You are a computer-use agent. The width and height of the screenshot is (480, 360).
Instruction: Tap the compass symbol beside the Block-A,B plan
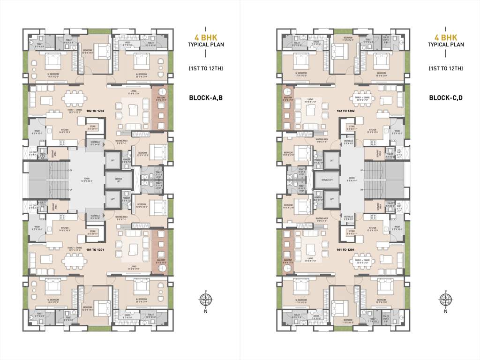pos(205,300)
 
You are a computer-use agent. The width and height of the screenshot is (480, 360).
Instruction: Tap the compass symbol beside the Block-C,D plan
pos(445,300)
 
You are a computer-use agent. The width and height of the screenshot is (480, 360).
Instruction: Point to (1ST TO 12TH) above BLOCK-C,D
pos(446,68)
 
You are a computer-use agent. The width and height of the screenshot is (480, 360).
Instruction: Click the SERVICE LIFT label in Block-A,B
pos(115,179)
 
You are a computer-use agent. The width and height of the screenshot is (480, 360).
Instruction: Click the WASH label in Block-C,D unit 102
pos(396,131)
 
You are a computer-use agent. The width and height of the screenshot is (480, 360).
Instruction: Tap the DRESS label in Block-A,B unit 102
pos(127,43)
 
